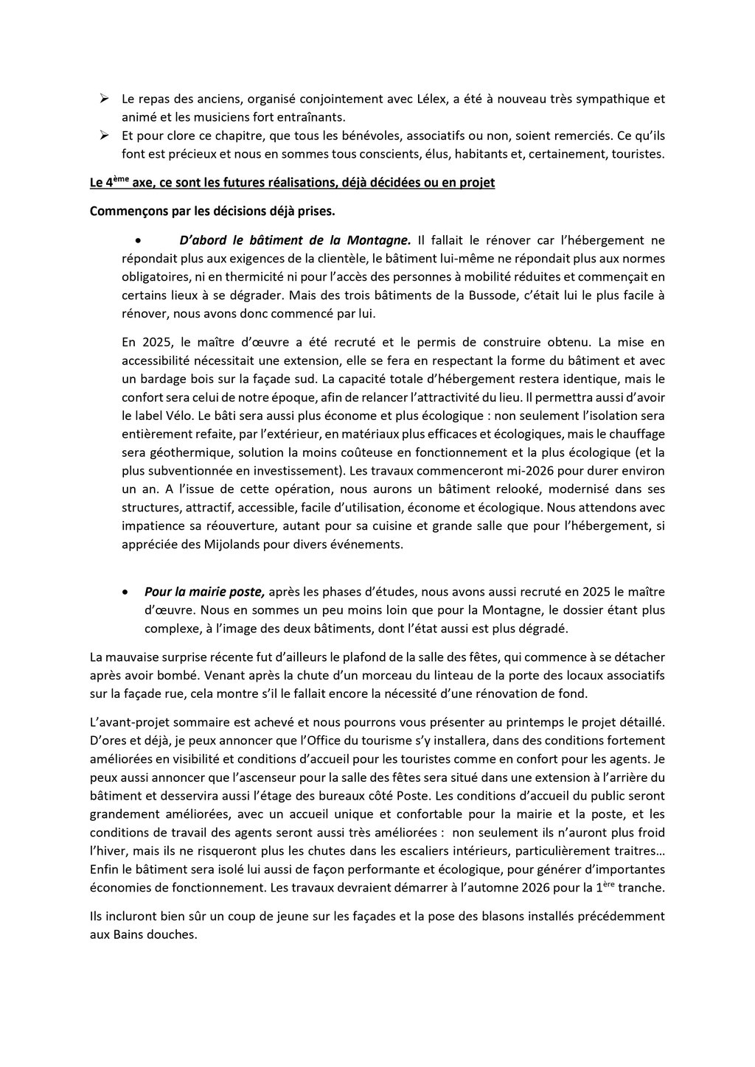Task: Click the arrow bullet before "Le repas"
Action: click(x=104, y=98)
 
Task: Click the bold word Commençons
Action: click(x=126, y=211)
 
